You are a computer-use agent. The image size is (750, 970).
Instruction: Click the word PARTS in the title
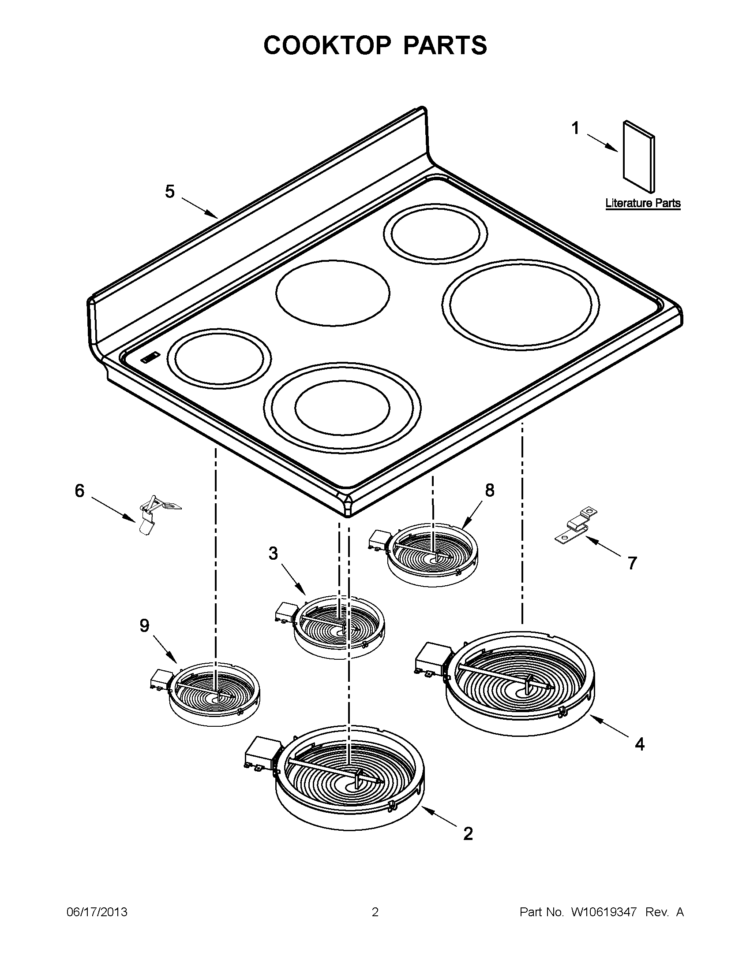pyautogui.click(x=445, y=45)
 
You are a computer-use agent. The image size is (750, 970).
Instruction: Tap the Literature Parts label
pyautogui.click(x=643, y=204)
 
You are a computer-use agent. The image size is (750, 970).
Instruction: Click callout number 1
pyautogui.click(x=575, y=128)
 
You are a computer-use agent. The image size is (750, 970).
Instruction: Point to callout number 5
pyautogui.click(x=170, y=191)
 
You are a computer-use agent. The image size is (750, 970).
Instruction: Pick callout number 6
pyautogui.click(x=79, y=491)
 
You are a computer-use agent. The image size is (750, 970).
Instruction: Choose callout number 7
pyautogui.click(x=632, y=563)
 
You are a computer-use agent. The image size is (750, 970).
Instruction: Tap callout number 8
pyautogui.click(x=489, y=491)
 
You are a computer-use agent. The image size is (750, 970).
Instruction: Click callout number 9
pyautogui.click(x=145, y=626)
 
